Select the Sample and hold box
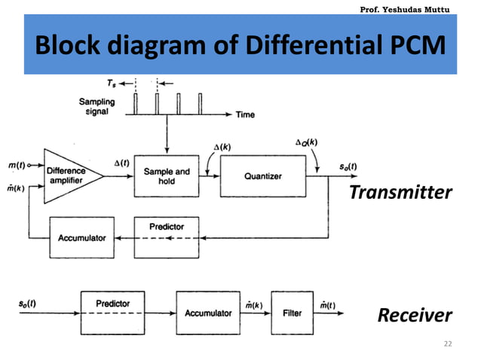coord(167,176)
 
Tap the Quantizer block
coord(263,176)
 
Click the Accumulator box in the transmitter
coord(82,238)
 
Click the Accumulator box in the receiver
coord(208,313)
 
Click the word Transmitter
coord(400,193)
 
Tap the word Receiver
coord(415,314)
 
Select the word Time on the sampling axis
coord(245,115)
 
